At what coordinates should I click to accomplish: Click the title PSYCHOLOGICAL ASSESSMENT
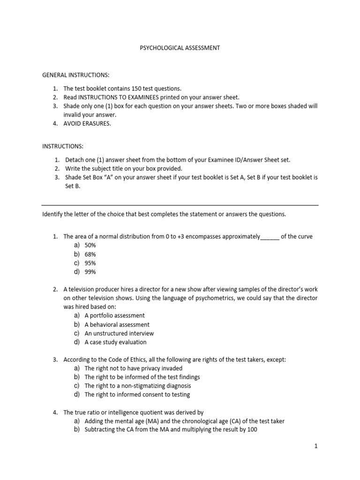click(180, 48)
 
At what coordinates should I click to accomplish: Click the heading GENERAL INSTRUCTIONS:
click(76, 75)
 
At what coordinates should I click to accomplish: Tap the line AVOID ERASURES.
click(88, 124)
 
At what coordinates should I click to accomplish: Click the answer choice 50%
click(90, 246)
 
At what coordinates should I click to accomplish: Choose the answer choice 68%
click(90, 255)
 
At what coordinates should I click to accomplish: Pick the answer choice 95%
click(90, 263)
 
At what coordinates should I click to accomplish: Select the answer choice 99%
click(90, 272)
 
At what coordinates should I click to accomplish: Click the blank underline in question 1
click(270, 237)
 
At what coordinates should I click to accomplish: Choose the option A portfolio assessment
click(114, 316)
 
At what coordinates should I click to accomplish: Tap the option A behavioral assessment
click(117, 325)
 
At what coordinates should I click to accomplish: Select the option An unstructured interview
click(119, 334)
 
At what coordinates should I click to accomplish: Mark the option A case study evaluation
click(116, 343)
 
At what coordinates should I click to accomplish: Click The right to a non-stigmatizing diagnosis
click(138, 386)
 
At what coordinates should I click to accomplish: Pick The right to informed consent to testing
click(137, 395)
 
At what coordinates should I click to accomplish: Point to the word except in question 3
click(275, 360)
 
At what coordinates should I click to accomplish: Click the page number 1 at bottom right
click(316, 447)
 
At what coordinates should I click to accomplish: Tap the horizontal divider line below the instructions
click(180, 205)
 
